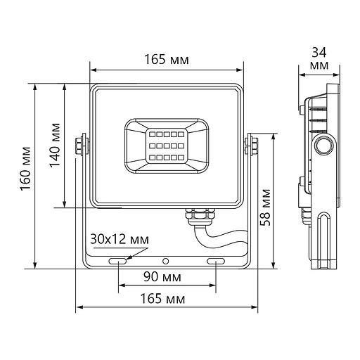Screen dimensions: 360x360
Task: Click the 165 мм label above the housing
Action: [167, 60]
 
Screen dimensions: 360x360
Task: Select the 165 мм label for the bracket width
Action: [167, 299]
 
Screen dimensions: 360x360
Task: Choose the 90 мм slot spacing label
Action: [167, 276]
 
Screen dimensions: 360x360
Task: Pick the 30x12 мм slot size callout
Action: [119, 240]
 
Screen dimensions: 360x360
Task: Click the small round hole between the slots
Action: [166, 262]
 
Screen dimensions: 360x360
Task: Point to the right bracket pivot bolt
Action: [249, 146]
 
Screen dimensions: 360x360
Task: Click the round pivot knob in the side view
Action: [325, 146]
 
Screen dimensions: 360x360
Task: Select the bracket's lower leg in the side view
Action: [324, 239]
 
